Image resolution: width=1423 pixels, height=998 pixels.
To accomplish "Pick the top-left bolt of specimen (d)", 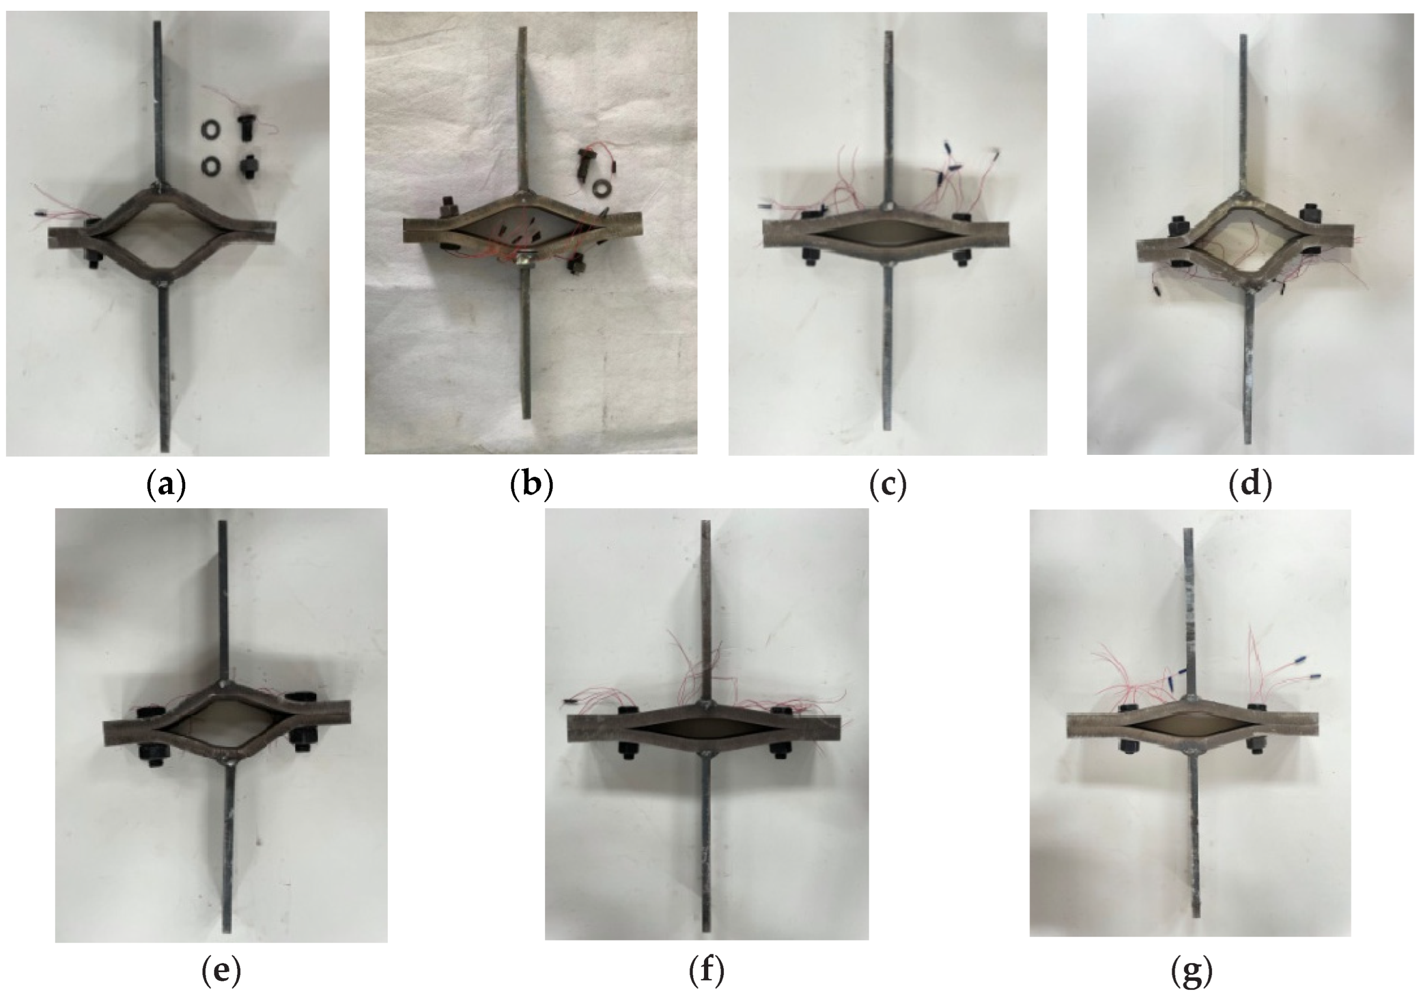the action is point(1176,227).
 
